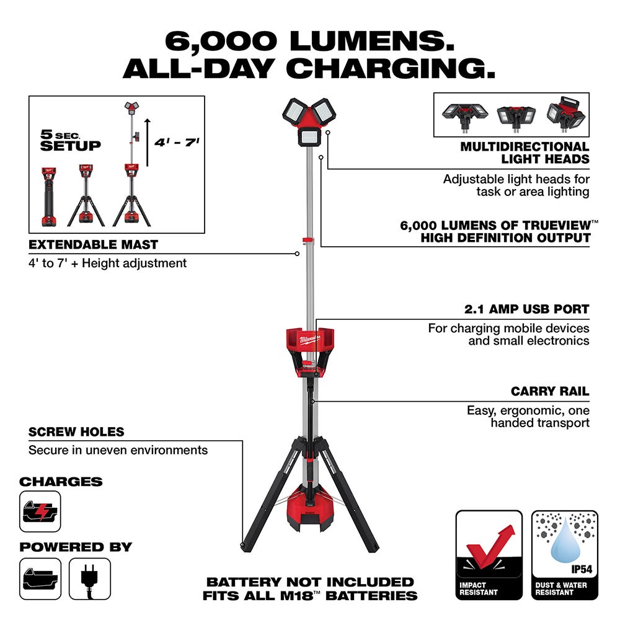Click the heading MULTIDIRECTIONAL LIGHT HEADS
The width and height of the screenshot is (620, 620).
[525, 153]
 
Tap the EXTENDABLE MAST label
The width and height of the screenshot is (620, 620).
[93, 245]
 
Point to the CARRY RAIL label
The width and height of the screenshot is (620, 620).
[549, 392]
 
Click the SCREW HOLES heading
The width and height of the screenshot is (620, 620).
[76, 432]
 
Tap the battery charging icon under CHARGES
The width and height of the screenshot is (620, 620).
[40, 511]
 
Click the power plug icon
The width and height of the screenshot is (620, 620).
[90, 578]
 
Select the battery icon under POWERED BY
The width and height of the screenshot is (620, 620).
[40, 578]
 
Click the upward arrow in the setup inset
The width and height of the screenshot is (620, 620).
[148, 143]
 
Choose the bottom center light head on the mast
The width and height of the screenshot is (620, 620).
[310, 136]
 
